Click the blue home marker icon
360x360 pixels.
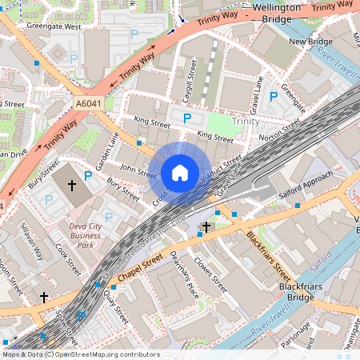[x=180, y=172]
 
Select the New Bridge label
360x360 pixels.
[x=310, y=42]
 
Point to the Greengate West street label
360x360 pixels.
[x=54, y=26]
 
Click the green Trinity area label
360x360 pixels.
[x=245, y=121]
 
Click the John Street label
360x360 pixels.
[x=138, y=170]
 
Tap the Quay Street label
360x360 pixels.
[x=115, y=306]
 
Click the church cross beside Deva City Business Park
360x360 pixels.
[x=71, y=186]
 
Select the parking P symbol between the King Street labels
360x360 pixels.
[x=186, y=118]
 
